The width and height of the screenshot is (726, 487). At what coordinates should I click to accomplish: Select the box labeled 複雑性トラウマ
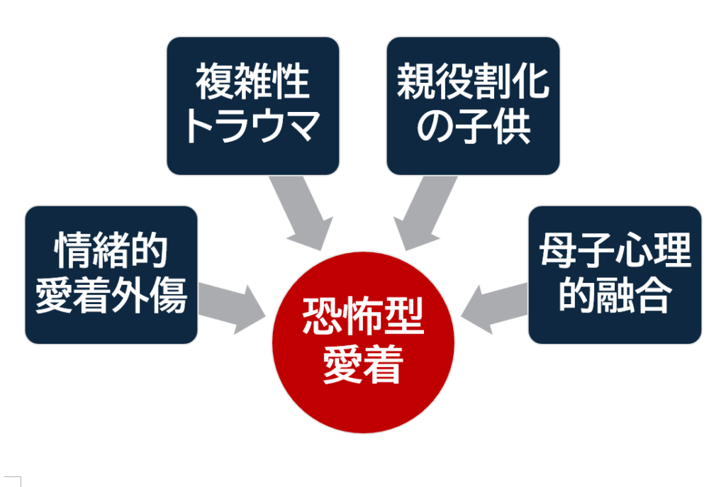click(x=253, y=106)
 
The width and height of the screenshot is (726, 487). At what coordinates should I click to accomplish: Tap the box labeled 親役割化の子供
click(x=473, y=106)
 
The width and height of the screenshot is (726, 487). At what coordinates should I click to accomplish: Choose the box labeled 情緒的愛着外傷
click(x=111, y=274)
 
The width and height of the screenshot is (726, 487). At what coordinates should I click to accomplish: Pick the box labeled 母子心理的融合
click(x=615, y=274)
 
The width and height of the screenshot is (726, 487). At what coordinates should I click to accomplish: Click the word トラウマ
click(x=253, y=127)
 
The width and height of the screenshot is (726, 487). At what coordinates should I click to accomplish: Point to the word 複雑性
click(x=253, y=82)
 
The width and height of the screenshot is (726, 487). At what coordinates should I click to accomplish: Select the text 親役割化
click(x=473, y=82)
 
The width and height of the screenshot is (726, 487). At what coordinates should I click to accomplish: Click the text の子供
click(x=473, y=127)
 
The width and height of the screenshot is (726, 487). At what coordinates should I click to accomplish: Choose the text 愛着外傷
click(x=111, y=296)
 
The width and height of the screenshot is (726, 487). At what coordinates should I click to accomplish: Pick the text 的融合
click(x=615, y=296)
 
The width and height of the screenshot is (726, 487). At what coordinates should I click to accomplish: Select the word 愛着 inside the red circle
click(x=362, y=365)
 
